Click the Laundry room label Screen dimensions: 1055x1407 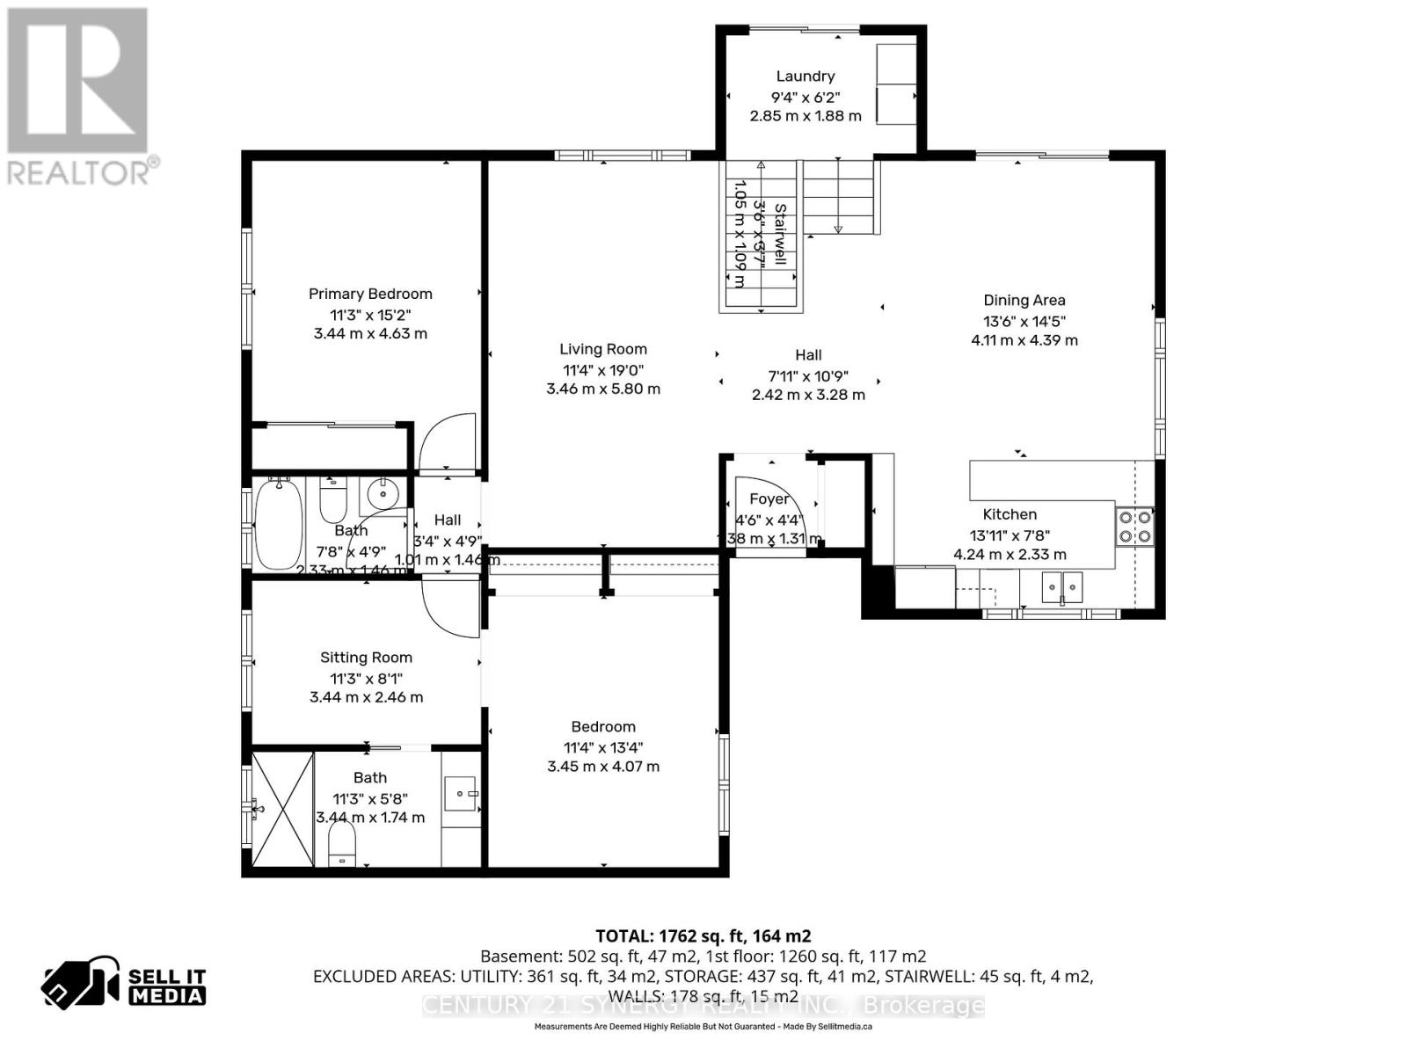[x=805, y=76]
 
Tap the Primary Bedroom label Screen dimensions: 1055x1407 [x=370, y=294]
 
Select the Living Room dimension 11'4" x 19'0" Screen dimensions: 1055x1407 [x=603, y=370]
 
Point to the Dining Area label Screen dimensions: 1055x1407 [x=1024, y=300]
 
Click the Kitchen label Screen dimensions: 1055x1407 [x=1010, y=514]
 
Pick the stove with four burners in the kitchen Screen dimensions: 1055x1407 [x=1135, y=526]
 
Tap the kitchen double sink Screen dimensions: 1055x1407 [x=1062, y=586]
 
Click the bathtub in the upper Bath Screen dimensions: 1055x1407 [x=279, y=524]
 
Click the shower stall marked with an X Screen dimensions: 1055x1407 [x=282, y=809]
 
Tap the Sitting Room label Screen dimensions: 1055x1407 [x=366, y=658]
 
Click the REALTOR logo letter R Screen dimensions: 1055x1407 [x=77, y=79]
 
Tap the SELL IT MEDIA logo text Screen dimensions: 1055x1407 [x=167, y=986]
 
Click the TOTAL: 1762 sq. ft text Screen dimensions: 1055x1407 [x=703, y=935]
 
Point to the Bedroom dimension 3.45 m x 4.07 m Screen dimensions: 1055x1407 [x=603, y=767]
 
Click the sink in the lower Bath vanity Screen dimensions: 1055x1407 [x=460, y=793]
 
